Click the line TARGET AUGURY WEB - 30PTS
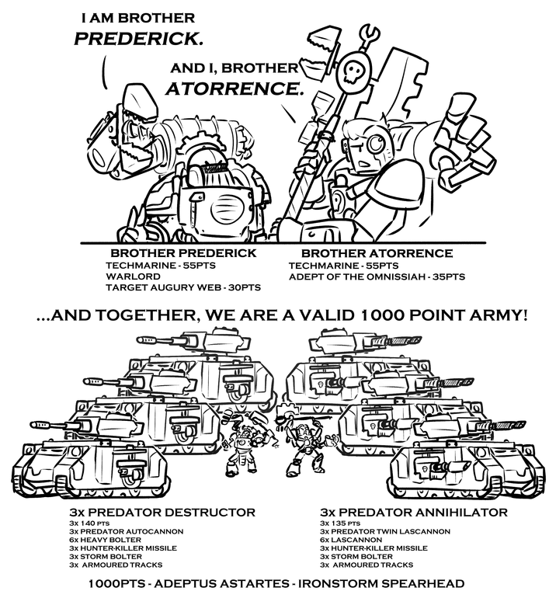[x=184, y=287]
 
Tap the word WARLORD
[x=129, y=276]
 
